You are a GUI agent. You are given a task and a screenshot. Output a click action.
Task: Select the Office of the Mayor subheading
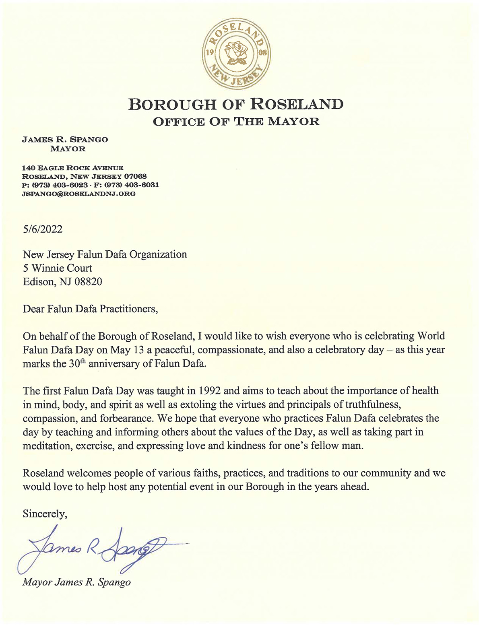tap(236, 121)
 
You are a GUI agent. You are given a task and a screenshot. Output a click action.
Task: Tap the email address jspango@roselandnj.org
tap(79, 194)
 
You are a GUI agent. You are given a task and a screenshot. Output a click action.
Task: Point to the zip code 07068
tap(135, 176)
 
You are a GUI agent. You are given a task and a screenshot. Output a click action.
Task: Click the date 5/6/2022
tap(43, 229)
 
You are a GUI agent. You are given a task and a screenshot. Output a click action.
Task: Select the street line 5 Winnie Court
tap(58, 268)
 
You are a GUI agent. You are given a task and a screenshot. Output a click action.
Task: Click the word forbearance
tap(126, 418)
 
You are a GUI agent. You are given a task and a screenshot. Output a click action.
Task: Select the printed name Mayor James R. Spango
tap(76, 582)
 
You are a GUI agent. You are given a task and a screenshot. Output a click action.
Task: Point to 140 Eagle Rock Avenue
tap(73, 168)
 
